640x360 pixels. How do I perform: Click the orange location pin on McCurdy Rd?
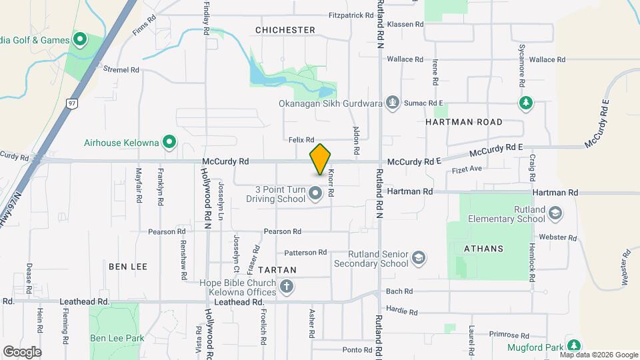[x=320, y=159]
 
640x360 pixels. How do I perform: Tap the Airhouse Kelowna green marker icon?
[x=169, y=142]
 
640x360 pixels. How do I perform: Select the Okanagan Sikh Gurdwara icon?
[x=393, y=103]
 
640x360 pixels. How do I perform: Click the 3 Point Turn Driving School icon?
[x=316, y=194]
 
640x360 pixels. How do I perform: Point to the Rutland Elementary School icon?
[x=555, y=213]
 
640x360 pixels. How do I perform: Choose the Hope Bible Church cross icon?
[x=287, y=287]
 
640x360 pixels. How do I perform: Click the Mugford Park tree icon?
[x=573, y=345]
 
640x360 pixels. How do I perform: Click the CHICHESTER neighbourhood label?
[x=285, y=30]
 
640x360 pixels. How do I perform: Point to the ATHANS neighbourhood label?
[x=483, y=248]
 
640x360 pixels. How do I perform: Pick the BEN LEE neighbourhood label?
[x=127, y=266]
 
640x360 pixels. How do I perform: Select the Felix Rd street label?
[x=301, y=139]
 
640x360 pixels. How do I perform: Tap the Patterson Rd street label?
[x=305, y=253]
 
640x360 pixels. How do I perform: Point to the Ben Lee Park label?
[x=117, y=338]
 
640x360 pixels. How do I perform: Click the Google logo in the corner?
[x=22, y=351]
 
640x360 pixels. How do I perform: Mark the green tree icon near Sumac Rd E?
[x=526, y=103]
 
